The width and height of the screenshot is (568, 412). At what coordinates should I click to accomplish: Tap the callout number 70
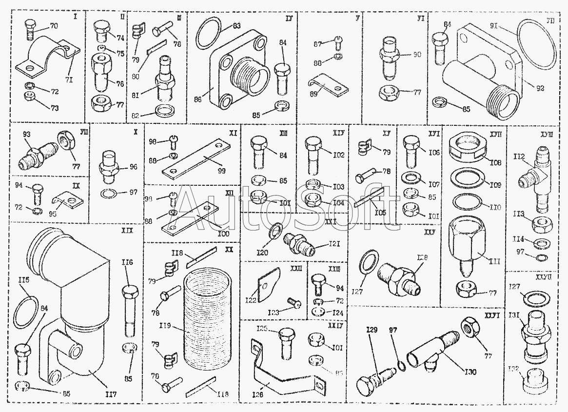[x=54, y=25]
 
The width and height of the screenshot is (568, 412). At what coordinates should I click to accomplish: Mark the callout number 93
[x=26, y=134]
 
